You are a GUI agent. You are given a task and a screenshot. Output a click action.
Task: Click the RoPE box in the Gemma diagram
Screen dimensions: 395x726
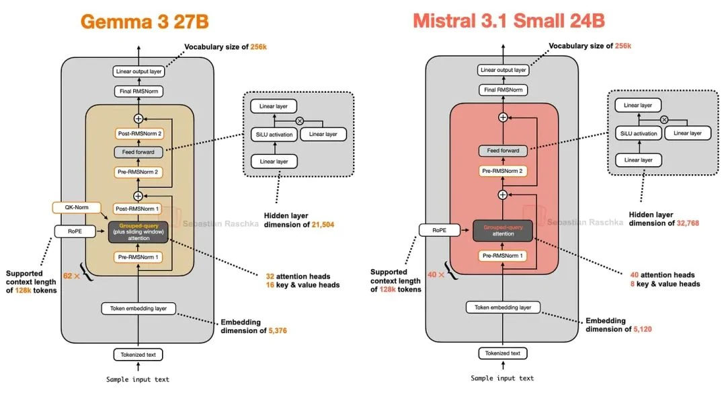pos(75,231)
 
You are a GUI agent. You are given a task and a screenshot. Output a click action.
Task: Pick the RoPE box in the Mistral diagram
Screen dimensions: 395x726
pos(439,230)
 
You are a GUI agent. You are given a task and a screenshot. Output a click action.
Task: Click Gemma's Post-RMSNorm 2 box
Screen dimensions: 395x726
pos(138,133)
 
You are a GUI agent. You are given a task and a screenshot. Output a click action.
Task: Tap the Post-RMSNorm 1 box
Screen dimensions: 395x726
pos(138,209)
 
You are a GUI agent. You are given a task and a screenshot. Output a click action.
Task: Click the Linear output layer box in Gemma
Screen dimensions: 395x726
pos(138,71)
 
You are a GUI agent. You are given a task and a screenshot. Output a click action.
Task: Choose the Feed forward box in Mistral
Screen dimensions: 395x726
pos(503,151)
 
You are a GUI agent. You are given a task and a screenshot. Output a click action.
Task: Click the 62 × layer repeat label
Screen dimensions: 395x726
pos(71,275)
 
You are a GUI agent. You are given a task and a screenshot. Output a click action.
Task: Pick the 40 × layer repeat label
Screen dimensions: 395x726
pos(436,275)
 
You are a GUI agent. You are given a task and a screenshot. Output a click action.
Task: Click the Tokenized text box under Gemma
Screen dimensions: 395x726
pos(138,354)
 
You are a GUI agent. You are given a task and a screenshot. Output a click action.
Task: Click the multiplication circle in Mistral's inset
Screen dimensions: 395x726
pos(664,119)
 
